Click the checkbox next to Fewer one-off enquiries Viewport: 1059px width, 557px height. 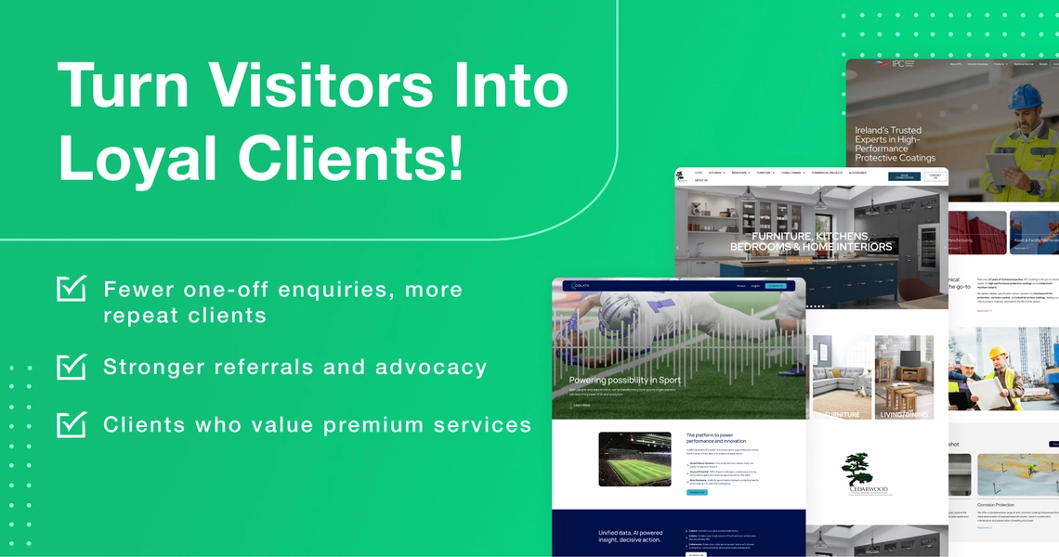point(71,289)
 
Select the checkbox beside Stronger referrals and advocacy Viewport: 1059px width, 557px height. point(71,367)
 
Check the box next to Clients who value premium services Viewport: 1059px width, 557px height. point(71,424)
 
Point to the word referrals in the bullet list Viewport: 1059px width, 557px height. point(264,367)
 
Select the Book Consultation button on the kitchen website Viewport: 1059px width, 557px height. point(903,175)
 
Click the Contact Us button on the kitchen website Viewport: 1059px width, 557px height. point(935,175)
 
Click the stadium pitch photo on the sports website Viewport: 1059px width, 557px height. point(634,459)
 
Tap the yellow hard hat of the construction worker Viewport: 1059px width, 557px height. point(995,355)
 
